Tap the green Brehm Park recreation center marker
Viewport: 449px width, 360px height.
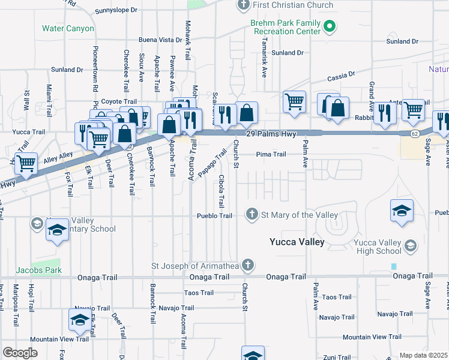click(x=330, y=26)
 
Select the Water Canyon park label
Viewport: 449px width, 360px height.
click(x=68, y=28)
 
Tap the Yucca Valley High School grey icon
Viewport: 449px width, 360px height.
click(x=411, y=245)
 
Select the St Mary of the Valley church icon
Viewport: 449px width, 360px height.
click(x=253, y=214)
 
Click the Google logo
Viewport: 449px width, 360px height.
click(x=20, y=353)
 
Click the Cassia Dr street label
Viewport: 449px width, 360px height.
click(x=341, y=77)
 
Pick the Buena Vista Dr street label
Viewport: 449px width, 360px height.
click(x=160, y=40)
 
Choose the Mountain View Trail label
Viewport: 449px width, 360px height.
click(x=59, y=339)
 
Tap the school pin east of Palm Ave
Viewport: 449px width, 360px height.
click(x=402, y=211)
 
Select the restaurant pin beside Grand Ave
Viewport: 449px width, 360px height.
click(x=384, y=112)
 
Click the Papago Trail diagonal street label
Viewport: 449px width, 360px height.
click(x=212, y=163)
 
